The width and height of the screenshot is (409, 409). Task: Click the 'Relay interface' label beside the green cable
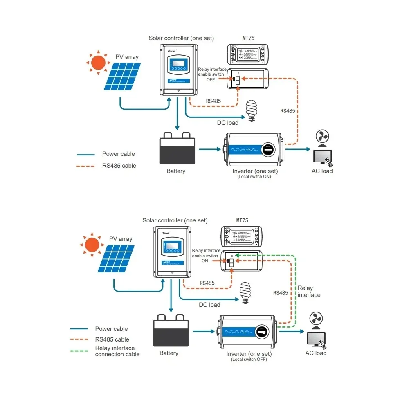[x=309, y=292]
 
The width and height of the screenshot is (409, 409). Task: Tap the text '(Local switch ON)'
[x=254, y=177]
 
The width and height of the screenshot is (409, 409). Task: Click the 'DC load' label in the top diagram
[x=227, y=123]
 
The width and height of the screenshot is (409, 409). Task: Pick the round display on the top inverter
[x=268, y=150]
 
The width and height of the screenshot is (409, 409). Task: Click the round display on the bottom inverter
[x=263, y=332]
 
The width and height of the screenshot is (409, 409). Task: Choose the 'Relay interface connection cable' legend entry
[x=117, y=351]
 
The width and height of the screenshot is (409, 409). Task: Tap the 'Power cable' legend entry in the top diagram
[x=118, y=154]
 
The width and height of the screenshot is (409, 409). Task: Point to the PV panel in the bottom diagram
[x=116, y=258]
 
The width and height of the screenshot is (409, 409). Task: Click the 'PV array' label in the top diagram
[x=127, y=57]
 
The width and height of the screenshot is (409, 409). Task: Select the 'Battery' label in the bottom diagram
[x=169, y=353]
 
